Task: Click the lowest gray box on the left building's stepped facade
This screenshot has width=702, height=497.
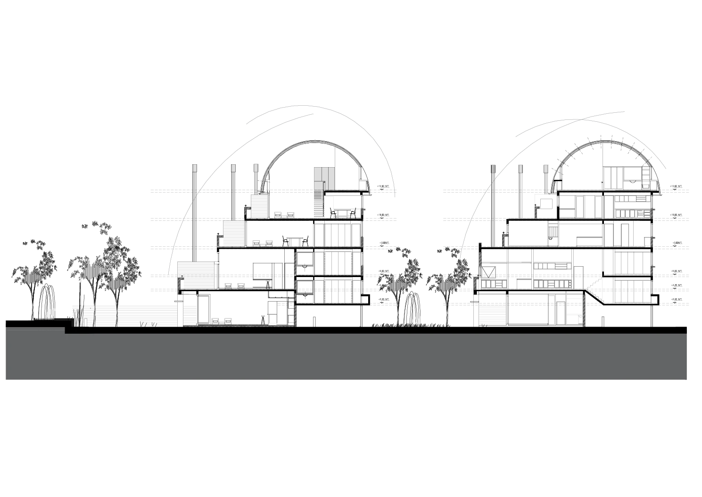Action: (196, 275)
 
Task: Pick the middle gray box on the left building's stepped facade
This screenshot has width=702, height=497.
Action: (234, 232)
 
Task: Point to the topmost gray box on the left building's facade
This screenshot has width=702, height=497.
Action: (259, 206)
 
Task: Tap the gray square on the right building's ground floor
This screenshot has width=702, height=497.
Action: (492, 314)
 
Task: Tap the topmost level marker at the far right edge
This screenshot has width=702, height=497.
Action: (677, 188)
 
